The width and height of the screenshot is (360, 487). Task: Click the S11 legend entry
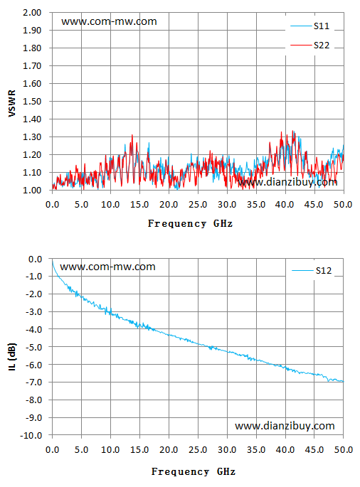[x=309, y=26]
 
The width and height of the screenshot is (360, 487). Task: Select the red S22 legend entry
[x=309, y=46]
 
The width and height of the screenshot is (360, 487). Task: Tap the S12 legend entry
[x=312, y=271]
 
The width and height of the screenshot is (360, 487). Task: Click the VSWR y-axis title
[x=12, y=103]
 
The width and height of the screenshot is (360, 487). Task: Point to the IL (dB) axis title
[x=12, y=357]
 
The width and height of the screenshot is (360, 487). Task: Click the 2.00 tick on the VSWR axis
[x=32, y=13]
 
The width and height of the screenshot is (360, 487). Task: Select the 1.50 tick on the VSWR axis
[x=32, y=101]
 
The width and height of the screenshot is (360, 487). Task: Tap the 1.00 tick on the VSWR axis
[x=32, y=190]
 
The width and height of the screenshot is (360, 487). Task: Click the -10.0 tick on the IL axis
[x=31, y=435]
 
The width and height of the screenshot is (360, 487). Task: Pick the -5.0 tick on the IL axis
[x=33, y=347]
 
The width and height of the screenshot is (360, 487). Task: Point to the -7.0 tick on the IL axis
[x=33, y=382]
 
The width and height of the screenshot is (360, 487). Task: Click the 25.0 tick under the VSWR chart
[x=198, y=205]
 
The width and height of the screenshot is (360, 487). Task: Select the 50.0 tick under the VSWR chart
[x=343, y=205]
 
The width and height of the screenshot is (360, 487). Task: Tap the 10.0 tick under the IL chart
[x=110, y=450]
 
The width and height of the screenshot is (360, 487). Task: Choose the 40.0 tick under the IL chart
[x=285, y=450]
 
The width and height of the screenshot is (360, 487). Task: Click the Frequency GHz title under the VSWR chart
[x=190, y=224]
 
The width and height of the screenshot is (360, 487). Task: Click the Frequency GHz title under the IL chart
[x=194, y=472]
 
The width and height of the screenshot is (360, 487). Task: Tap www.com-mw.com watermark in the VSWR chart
[x=109, y=21]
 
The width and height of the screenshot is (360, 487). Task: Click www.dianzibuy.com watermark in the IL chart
[x=285, y=426]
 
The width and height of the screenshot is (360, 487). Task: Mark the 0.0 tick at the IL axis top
[x=35, y=259]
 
